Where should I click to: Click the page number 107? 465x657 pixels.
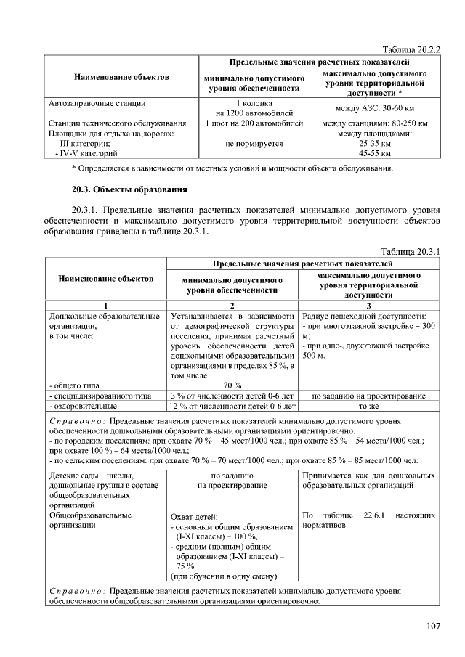tap(433, 626)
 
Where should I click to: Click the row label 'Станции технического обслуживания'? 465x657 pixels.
tap(117, 123)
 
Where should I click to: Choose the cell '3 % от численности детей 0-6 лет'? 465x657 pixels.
tap(232, 396)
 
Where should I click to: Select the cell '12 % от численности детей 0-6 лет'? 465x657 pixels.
tap(232, 407)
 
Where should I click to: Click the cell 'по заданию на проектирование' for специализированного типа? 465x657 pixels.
tap(368, 396)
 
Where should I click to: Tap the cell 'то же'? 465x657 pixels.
tap(368, 407)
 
